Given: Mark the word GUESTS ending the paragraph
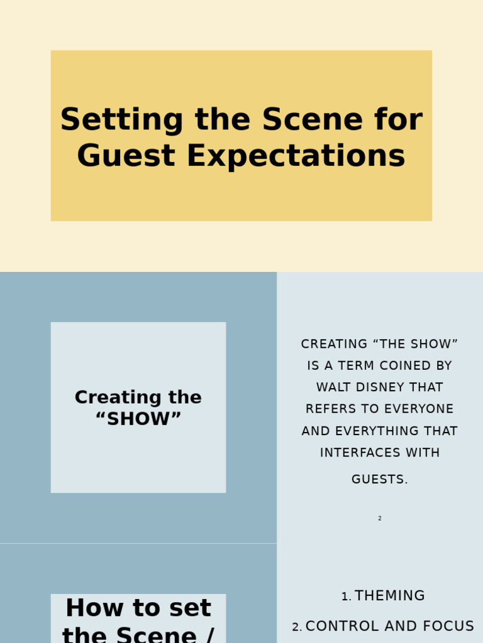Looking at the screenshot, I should coord(379,480).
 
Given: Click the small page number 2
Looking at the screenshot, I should coord(380,519).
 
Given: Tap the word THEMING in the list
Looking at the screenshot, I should coord(390,596).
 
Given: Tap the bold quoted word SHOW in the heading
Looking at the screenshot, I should coord(138,419).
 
